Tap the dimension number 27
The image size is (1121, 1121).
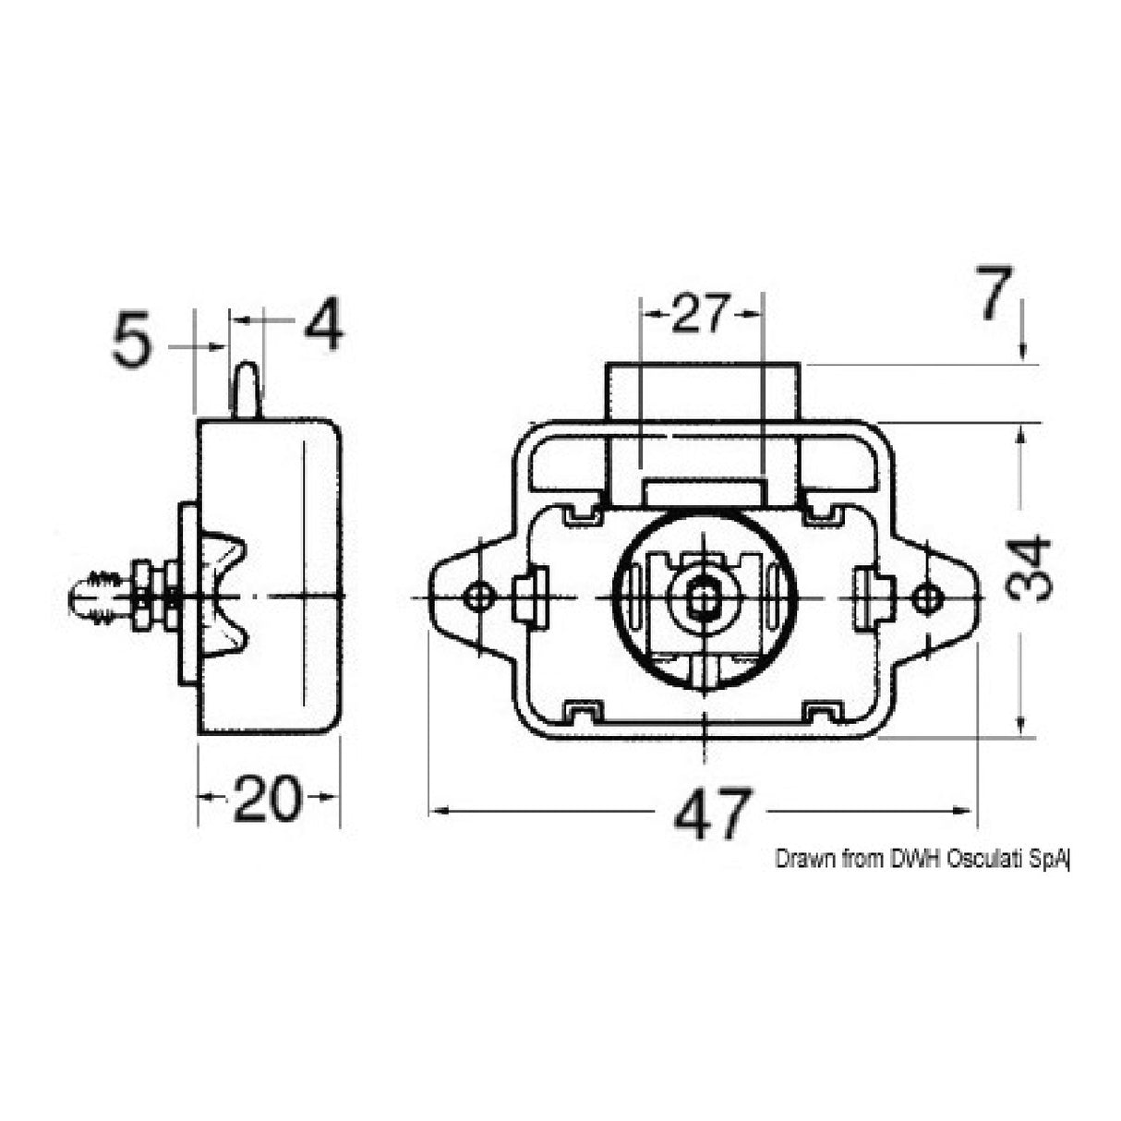(x=701, y=315)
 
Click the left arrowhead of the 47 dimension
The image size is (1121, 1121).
(x=439, y=812)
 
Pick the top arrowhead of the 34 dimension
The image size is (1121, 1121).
(x=1021, y=435)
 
